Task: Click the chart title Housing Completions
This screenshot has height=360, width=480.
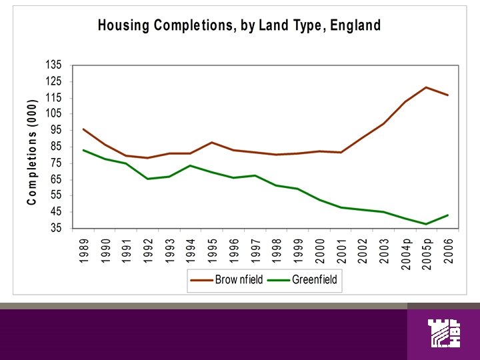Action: click(x=239, y=26)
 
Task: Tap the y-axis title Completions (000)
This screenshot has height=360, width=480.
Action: click(x=31, y=153)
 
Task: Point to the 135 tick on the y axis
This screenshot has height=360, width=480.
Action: click(x=53, y=65)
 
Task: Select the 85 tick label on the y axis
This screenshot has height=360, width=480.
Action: click(x=53, y=147)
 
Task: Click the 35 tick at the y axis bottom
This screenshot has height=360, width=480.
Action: click(x=53, y=228)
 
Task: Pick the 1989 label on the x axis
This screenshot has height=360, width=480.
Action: click(x=83, y=249)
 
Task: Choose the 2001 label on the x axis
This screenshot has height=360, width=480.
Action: click(x=341, y=249)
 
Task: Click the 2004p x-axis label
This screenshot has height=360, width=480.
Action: click(x=405, y=252)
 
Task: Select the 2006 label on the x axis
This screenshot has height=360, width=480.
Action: click(x=448, y=249)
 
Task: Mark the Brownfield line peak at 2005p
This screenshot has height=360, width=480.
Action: click(x=426, y=87)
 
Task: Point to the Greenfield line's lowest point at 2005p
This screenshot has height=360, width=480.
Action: click(x=426, y=224)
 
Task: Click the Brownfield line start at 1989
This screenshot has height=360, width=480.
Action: click(x=83, y=129)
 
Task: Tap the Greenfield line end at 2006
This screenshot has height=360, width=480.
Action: click(x=447, y=215)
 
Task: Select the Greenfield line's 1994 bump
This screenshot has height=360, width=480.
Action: click(x=191, y=165)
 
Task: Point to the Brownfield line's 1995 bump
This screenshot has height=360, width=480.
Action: click(x=212, y=142)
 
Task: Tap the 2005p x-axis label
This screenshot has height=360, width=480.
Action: click(x=427, y=252)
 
